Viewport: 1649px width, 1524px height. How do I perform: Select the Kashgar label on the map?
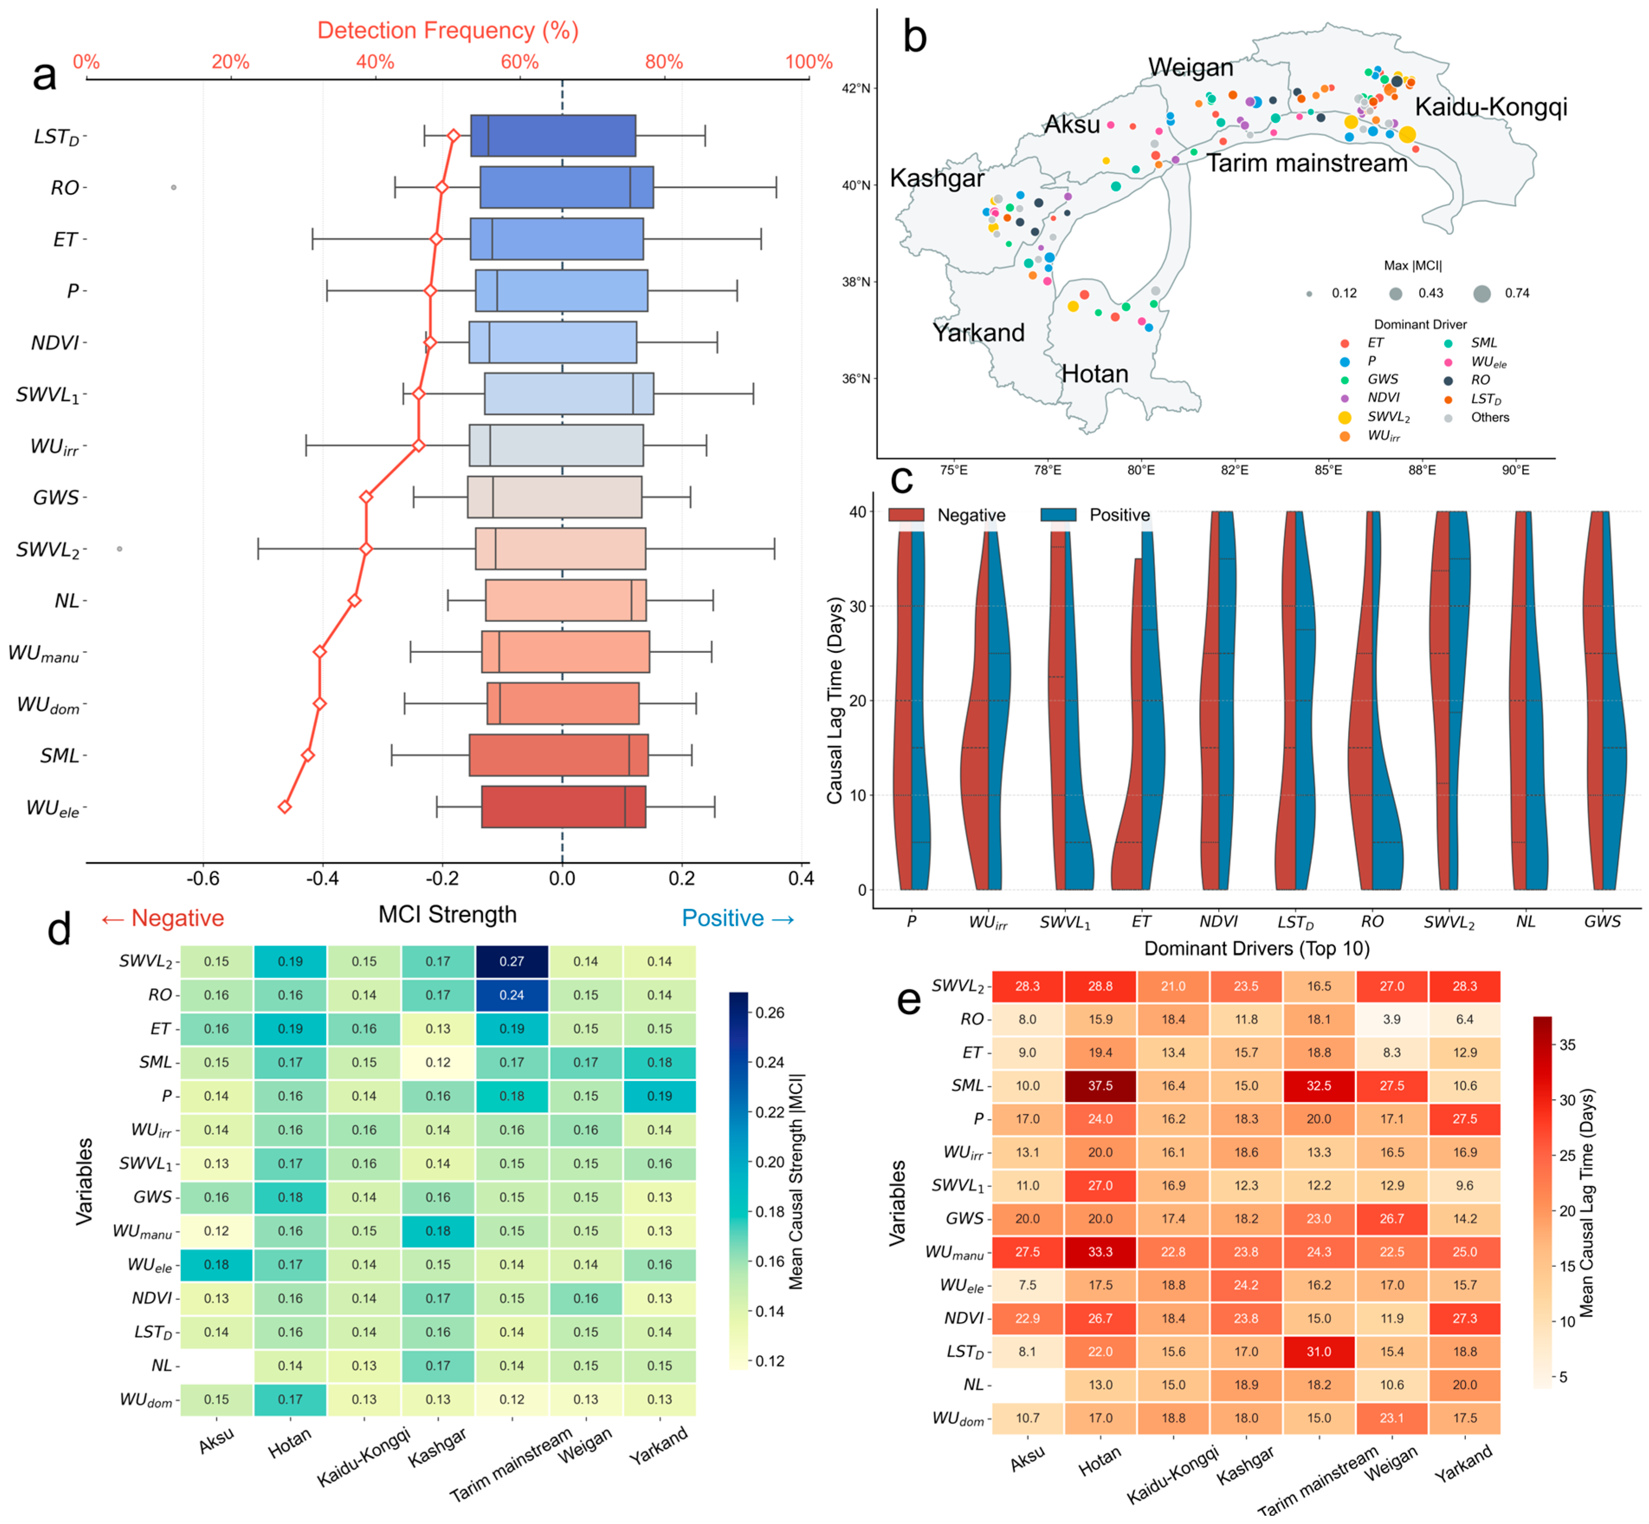[x=937, y=178]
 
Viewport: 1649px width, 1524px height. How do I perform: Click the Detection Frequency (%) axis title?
[x=448, y=30]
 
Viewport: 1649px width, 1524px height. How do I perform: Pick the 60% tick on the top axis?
[x=520, y=62]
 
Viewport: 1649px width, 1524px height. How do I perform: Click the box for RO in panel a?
[x=566, y=187]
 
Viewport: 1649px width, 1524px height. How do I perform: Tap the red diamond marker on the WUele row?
[x=284, y=807]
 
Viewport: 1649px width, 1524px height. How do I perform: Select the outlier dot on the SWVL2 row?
[x=119, y=549]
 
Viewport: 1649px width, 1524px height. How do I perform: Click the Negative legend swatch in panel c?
[x=906, y=515]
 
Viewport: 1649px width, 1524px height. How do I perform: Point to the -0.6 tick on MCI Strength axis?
[x=203, y=878]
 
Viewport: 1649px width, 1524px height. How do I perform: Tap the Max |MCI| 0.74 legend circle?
[x=1481, y=293]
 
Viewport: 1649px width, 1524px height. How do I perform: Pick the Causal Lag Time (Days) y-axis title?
[x=835, y=701]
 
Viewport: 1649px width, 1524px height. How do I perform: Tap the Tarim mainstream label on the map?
[x=1307, y=163]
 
